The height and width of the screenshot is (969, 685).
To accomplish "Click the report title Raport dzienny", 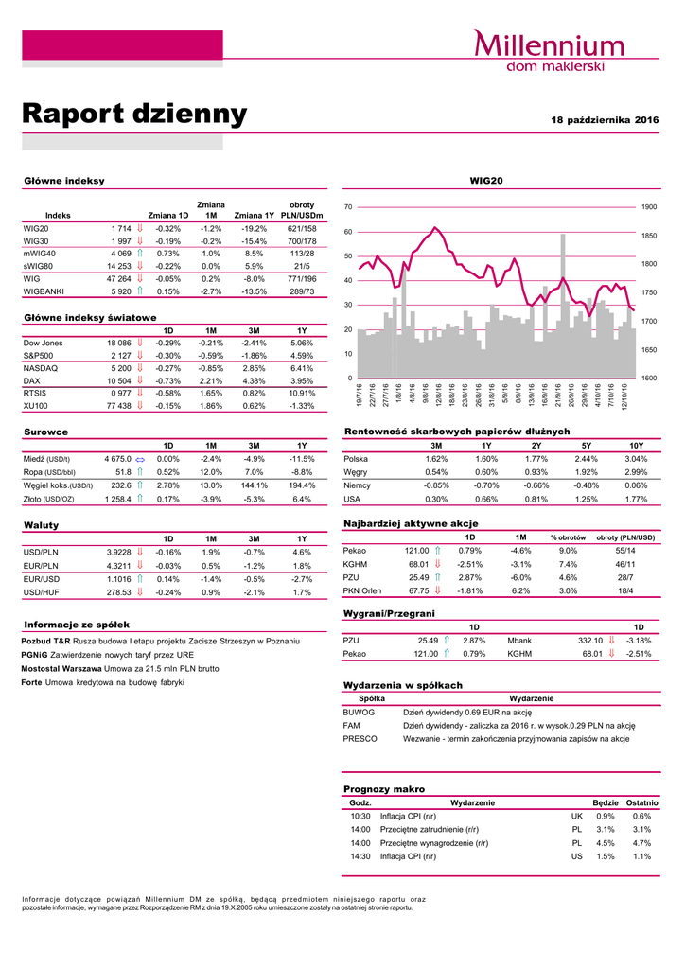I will coord(134,115).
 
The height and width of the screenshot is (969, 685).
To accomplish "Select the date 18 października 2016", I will coord(605,120).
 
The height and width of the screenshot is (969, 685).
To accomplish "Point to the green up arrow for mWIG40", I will coord(140,254).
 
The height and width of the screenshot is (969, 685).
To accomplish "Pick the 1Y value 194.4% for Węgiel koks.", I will coord(302,485).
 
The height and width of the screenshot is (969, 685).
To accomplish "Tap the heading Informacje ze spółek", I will coord(77,625).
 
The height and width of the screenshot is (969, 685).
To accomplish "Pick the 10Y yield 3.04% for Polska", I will coord(636,459).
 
